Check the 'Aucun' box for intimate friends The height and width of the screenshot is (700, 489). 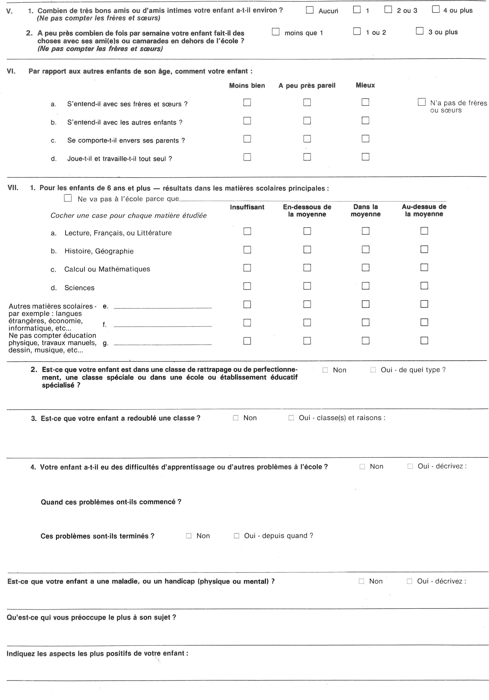tap(310, 10)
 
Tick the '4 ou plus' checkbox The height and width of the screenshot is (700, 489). tap(436, 10)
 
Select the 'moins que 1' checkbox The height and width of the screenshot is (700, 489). tap(276, 32)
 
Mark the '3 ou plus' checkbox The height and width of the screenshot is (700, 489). tap(420, 31)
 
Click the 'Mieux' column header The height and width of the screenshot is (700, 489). tap(365, 85)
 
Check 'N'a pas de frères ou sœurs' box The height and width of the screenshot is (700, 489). tap(422, 102)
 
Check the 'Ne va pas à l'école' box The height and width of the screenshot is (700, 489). tap(68, 199)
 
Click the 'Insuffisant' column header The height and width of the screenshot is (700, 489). tap(247, 207)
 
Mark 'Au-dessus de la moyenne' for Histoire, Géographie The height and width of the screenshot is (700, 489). tap(424, 249)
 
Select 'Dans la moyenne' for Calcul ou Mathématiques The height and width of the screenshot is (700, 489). tap(366, 268)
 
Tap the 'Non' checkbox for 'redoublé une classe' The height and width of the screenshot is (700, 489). tap(236, 418)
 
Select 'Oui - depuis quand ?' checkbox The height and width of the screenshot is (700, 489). tap(236, 536)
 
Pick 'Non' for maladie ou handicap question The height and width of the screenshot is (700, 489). tap(361, 581)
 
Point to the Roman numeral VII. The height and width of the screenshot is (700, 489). tap(13, 188)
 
